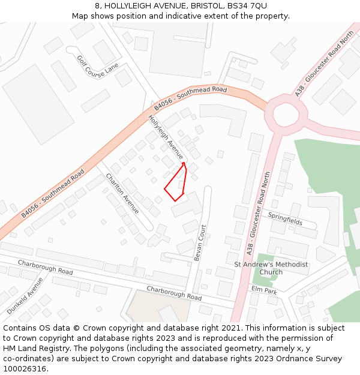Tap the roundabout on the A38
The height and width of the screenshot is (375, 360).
(x=286, y=111)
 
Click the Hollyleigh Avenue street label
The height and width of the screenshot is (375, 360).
(x=166, y=137)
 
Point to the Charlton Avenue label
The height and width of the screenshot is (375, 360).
(x=122, y=193)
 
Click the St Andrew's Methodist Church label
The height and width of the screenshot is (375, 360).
(x=271, y=268)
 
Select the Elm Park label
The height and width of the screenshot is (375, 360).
(x=264, y=290)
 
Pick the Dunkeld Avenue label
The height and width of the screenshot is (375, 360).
(x=25, y=295)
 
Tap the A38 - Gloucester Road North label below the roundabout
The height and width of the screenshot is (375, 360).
(x=259, y=211)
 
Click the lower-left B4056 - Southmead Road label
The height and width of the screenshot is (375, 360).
(x=53, y=193)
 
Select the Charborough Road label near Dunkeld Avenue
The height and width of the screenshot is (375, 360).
(x=45, y=268)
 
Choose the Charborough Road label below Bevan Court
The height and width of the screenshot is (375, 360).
(x=174, y=293)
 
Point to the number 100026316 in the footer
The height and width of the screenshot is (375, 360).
(x=25, y=368)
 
